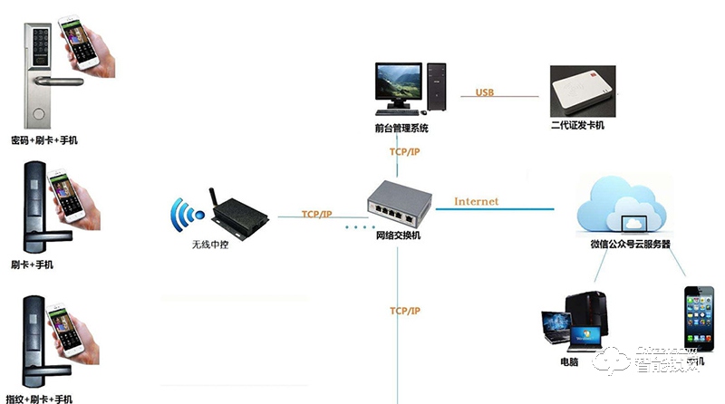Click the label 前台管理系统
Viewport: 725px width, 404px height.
tap(401, 130)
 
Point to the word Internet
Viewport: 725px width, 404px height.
tap(476, 200)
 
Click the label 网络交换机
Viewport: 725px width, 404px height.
tap(398, 236)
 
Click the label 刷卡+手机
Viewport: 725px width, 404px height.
tap(33, 265)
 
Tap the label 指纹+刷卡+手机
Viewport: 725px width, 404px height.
tap(40, 399)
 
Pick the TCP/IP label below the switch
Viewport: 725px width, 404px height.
tap(405, 311)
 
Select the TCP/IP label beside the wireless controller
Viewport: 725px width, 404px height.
tap(317, 215)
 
